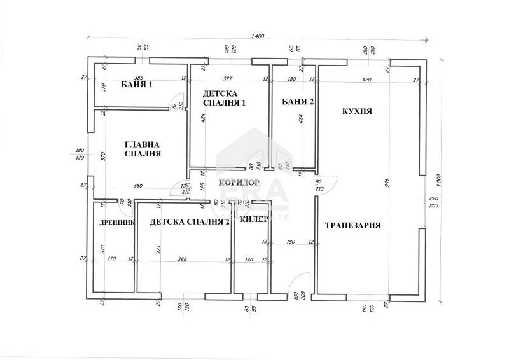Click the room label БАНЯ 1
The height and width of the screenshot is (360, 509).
tap(137, 85)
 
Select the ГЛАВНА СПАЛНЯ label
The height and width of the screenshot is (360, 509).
tap(141, 149)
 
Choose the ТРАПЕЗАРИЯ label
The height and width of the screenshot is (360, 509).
tap(353, 225)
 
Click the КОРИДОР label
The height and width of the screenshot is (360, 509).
tap(239, 183)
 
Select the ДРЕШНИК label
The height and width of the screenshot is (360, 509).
tap(117, 223)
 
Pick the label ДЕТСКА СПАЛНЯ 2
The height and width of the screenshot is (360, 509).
tap(190, 221)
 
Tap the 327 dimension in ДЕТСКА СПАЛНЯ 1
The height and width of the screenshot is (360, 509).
tap(227, 80)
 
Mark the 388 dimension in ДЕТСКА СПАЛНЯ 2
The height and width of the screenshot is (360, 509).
tap(183, 259)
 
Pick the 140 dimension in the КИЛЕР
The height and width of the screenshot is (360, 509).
tap(249, 259)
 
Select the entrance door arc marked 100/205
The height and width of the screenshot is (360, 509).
tap(303, 281)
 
